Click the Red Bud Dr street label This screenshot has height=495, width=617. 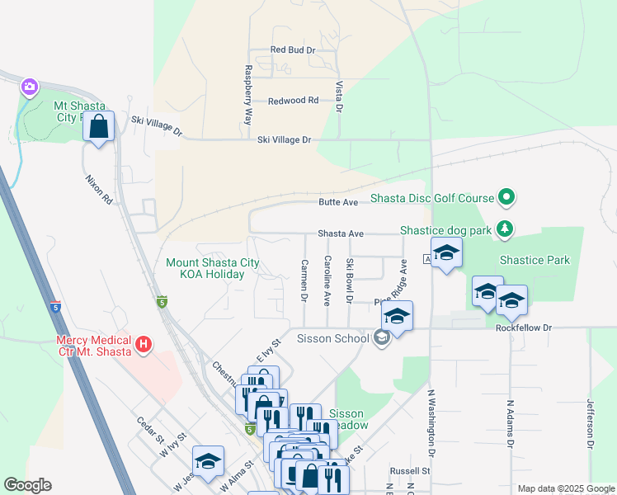(x=293, y=50)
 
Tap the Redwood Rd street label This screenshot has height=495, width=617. (x=293, y=101)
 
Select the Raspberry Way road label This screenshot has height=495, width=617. (x=247, y=95)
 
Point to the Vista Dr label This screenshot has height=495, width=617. (x=339, y=97)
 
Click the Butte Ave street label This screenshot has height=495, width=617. (x=339, y=202)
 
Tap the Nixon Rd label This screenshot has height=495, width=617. (x=97, y=189)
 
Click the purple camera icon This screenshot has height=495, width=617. (x=30, y=87)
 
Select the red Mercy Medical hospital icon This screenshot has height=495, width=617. (x=144, y=343)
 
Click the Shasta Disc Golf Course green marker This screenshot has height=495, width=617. (x=507, y=198)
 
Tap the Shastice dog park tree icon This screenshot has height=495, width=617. (x=507, y=229)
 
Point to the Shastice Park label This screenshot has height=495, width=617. (x=535, y=260)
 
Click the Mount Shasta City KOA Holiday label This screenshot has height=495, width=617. (x=213, y=268)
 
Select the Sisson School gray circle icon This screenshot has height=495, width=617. (x=381, y=337)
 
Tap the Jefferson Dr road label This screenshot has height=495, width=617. (x=590, y=424)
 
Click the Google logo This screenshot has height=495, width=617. (x=27, y=485)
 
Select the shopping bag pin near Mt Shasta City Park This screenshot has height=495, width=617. (x=99, y=128)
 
